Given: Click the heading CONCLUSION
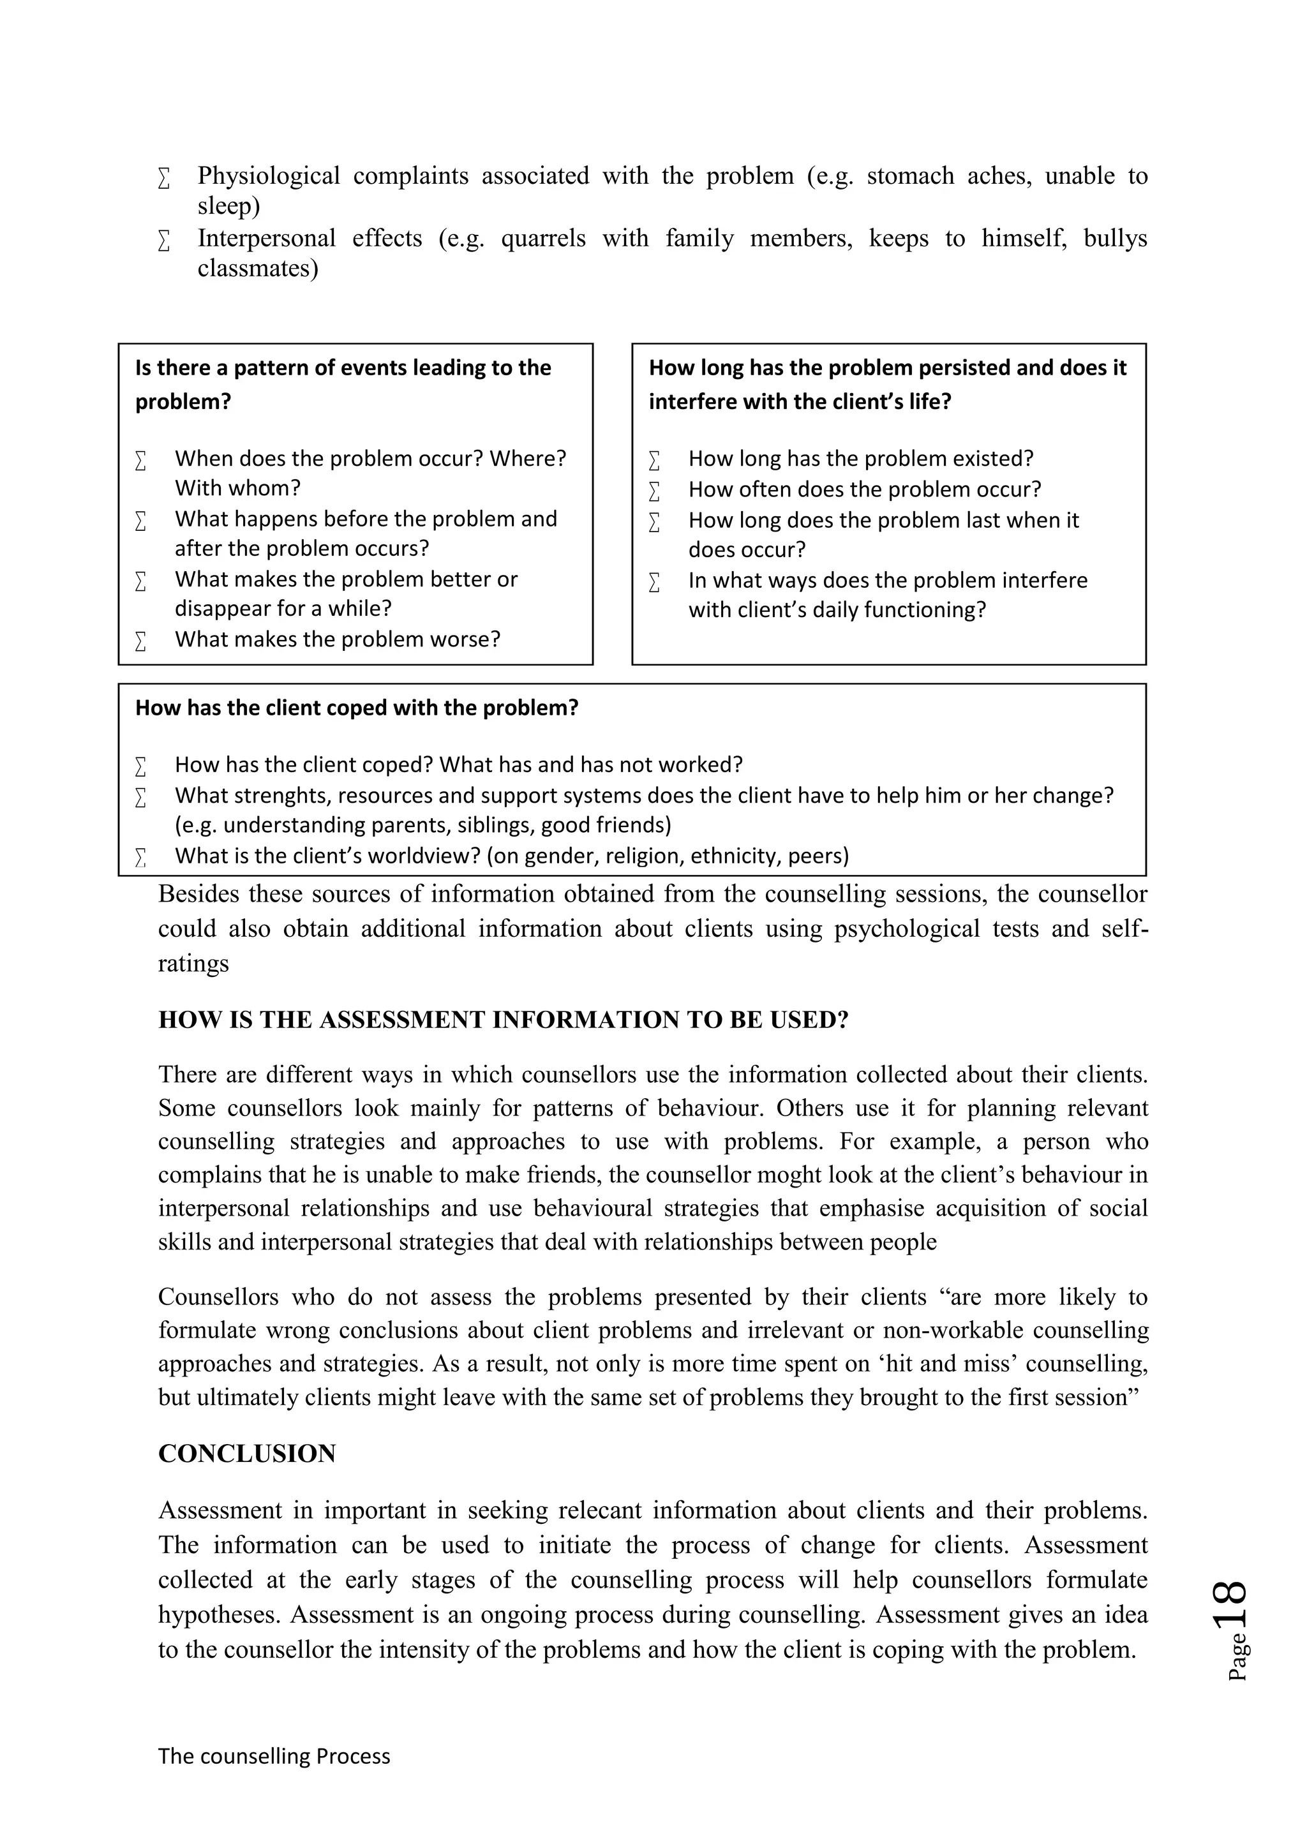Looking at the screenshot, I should click(247, 1454).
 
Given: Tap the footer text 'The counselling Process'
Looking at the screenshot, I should click(274, 1755).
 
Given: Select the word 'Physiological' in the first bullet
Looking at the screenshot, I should click(269, 175).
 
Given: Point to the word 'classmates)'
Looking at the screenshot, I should click(258, 268).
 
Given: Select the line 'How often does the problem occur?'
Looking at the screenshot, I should click(864, 489).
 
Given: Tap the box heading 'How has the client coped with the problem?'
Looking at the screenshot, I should click(357, 708).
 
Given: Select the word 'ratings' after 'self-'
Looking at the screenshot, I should click(193, 964).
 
